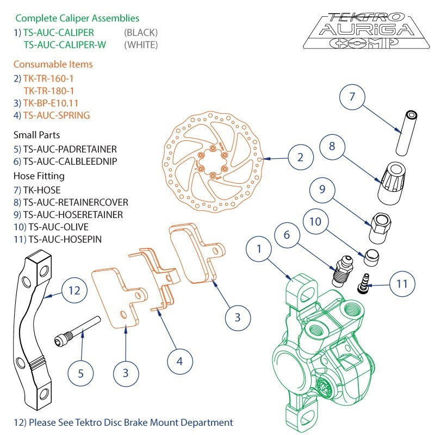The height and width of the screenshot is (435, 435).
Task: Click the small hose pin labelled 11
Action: click(363, 283)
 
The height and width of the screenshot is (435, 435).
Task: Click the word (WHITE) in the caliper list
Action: click(140, 45)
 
